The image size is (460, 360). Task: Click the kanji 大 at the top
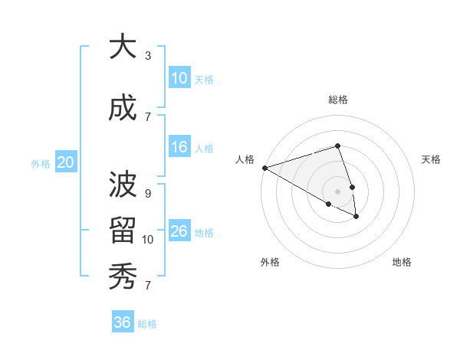[123, 47]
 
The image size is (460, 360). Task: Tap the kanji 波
[123, 185]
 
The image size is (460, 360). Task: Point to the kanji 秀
[123, 275]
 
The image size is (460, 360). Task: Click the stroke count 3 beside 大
[148, 56]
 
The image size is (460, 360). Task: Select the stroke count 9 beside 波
[148, 194]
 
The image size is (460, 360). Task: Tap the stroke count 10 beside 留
[148, 240]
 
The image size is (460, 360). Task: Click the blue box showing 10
[179, 78]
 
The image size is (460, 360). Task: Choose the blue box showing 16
[179, 147]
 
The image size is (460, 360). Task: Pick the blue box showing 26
[179, 231]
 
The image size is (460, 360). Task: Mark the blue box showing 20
[66, 162]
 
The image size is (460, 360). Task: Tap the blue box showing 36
[122, 322]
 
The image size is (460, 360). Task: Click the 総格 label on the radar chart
[338, 100]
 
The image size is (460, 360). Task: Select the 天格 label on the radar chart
[432, 159]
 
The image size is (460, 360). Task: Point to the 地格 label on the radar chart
[402, 262]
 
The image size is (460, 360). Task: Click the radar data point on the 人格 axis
[264, 167]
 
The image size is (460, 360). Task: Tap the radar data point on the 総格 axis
[337, 146]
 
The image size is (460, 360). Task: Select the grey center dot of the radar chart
[337, 191]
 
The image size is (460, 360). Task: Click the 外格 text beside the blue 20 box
[41, 163]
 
